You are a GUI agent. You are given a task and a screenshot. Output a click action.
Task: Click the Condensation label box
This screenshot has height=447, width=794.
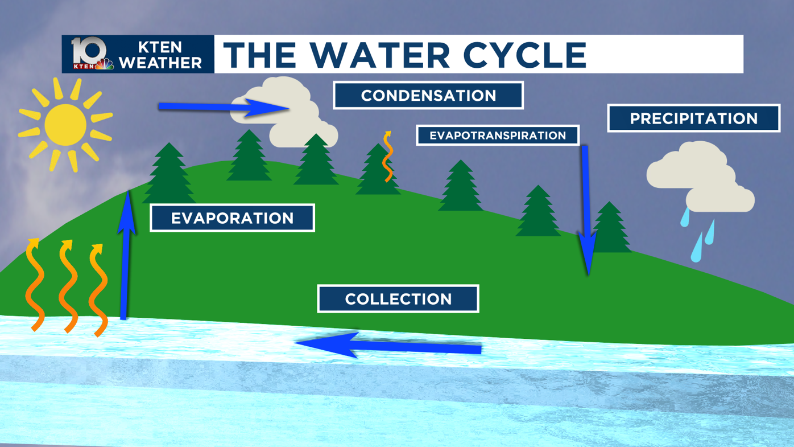(x=428, y=95)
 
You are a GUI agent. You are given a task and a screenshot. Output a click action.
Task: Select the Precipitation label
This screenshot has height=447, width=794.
(x=693, y=118)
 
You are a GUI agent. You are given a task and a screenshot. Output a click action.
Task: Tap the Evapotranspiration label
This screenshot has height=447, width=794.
(x=498, y=136)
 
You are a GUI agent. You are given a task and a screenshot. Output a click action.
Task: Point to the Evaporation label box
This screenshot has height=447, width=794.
(x=232, y=218)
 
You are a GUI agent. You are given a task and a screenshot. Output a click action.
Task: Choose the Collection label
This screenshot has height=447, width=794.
(x=398, y=299)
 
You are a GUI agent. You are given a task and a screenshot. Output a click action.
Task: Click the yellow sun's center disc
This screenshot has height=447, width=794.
(x=65, y=125)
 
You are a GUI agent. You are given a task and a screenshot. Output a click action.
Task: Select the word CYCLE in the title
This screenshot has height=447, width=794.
(x=524, y=55)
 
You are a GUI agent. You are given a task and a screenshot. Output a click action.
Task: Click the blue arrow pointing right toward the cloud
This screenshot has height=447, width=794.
(x=222, y=107)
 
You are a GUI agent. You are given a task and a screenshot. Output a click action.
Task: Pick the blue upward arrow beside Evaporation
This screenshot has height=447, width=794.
(x=125, y=256)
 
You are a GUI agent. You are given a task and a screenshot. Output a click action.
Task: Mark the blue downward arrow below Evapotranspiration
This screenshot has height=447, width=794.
(x=586, y=211)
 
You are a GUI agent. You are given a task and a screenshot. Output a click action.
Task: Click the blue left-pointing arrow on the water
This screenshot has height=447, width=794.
(x=387, y=345)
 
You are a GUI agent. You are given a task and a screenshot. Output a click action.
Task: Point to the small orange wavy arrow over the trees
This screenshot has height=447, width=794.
(x=388, y=157)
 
